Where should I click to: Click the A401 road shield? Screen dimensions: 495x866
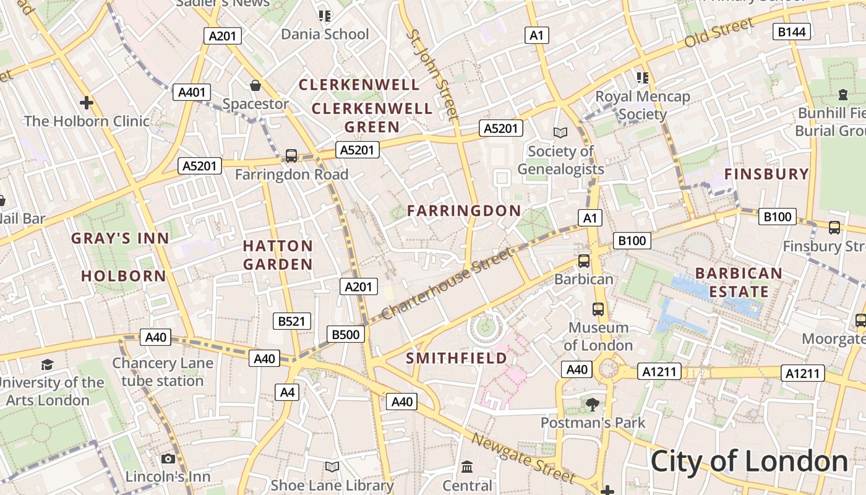tap(191, 93)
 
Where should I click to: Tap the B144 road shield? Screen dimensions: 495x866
tap(792, 32)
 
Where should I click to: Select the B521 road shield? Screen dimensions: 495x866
tap(292, 321)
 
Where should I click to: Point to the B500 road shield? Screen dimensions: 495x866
tap(345, 335)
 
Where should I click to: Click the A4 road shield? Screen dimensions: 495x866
tap(288, 392)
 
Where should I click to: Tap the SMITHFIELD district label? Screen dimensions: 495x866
tap(457, 358)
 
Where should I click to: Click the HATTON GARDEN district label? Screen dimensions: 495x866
tap(278, 255)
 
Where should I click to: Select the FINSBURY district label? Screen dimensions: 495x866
tap(766, 174)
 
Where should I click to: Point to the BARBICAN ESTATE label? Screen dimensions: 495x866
tap(739, 282)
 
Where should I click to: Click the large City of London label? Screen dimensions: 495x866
tap(749, 462)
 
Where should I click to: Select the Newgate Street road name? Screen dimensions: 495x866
tap(523, 458)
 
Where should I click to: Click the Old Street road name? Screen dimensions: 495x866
tap(719, 33)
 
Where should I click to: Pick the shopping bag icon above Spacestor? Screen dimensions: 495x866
tap(255, 85)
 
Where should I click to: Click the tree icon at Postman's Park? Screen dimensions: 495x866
tap(593, 405)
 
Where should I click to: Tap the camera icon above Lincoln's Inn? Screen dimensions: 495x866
tap(168, 458)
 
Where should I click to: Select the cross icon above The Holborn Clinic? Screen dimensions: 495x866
tap(87, 102)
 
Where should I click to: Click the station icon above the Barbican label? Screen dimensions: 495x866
tap(583, 261)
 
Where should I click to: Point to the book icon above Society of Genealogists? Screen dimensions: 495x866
tap(560, 132)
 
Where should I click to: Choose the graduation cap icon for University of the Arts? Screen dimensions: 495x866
tap(47, 364)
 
